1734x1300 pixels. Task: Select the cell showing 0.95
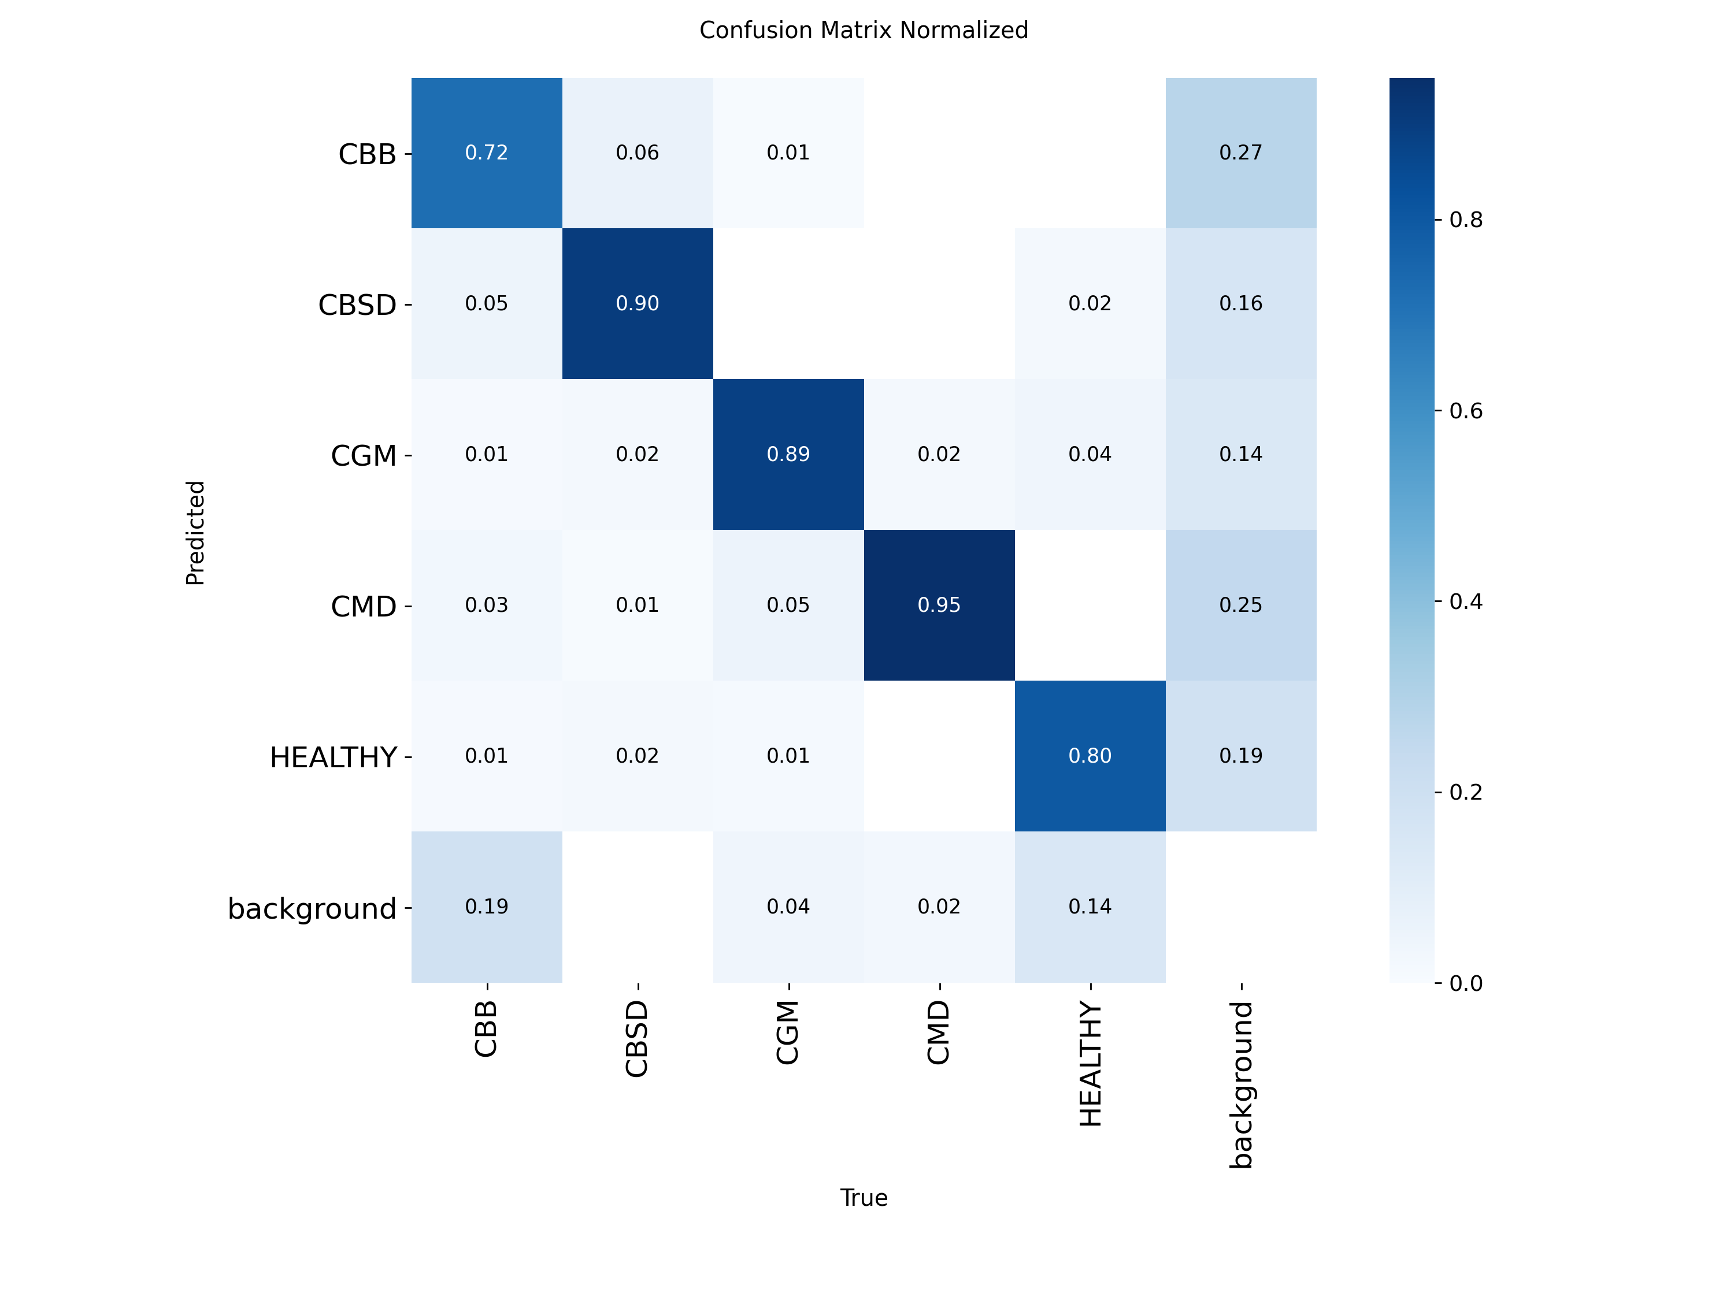[x=939, y=605]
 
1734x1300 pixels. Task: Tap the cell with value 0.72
[x=486, y=153]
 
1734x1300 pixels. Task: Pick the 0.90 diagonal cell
[x=638, y=303]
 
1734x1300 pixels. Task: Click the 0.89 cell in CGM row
[x=788, y=455]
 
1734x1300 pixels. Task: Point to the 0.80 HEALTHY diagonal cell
[x=1090, y=755]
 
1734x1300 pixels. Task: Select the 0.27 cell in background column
[x=1240, y=153]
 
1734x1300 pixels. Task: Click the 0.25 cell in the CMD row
[x=1240, y=605]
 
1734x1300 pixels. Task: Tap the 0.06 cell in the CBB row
[x=638, y=153]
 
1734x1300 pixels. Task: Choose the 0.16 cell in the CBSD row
[x=1240, y=303]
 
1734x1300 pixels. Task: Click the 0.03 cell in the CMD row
[x=486, y=605]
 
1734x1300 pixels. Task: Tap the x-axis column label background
[x=1241, y=1084]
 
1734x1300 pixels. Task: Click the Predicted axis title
[x=195, y=533]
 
